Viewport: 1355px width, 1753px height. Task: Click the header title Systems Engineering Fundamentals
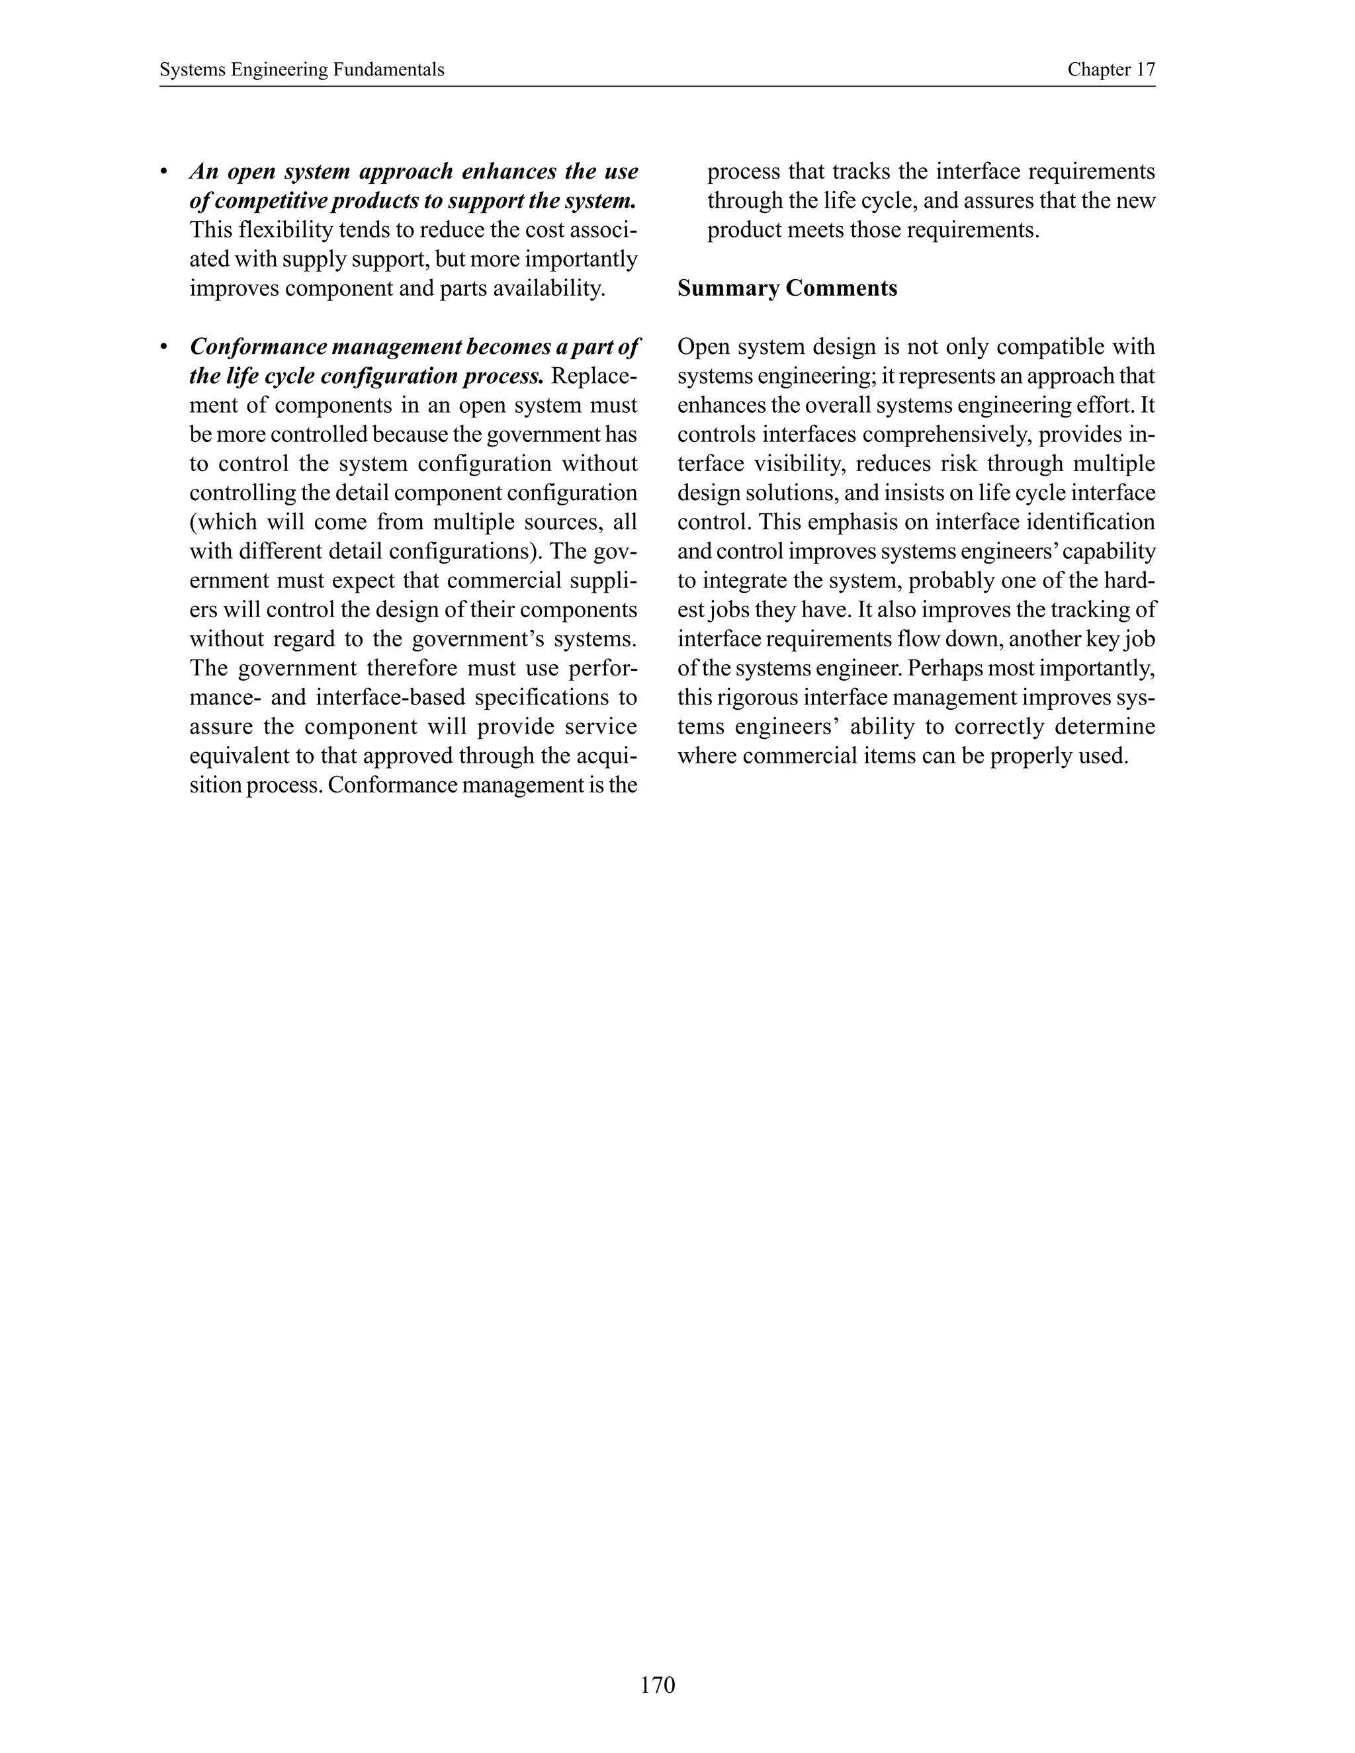(301, 70)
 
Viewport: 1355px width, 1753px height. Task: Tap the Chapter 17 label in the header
(1110, 70)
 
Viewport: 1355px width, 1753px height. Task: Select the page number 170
(658, 1684)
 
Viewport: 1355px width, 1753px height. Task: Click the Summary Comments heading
(787, 288)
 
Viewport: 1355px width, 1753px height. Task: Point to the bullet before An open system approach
(164, 173)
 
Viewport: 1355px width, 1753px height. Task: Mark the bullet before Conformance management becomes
(164, 347)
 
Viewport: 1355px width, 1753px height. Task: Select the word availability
(548, 288)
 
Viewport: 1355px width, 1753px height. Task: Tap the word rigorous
(750, 697)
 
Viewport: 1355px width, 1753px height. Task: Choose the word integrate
(748, 581)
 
